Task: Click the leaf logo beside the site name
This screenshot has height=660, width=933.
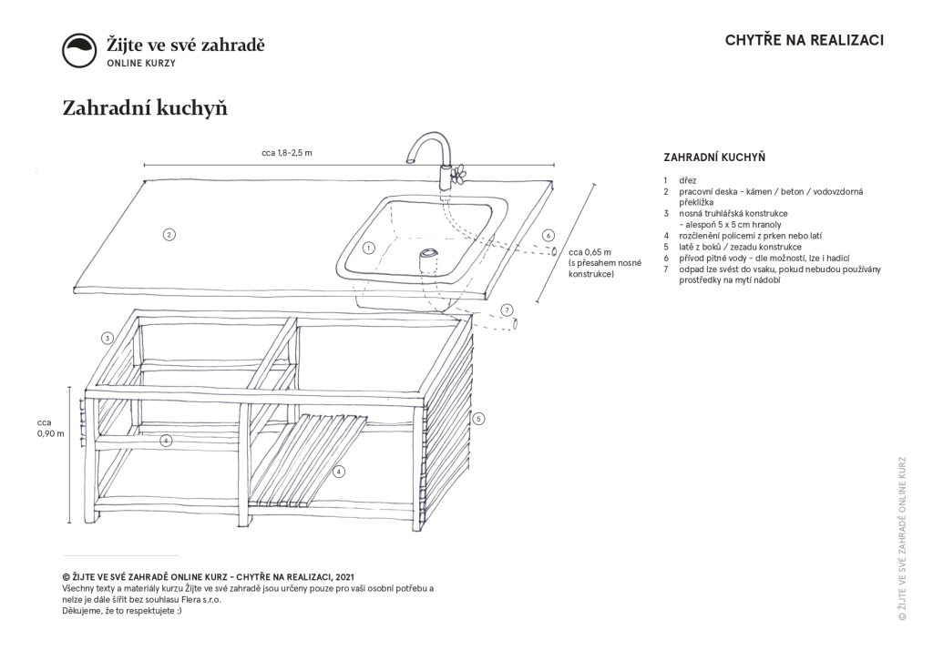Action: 79,51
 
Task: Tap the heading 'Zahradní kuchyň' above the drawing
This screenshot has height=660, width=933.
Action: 144,108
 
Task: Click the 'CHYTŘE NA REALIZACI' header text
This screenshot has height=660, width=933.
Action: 805,40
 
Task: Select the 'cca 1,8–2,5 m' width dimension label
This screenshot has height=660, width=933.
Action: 281,153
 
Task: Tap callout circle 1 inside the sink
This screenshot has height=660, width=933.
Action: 368,247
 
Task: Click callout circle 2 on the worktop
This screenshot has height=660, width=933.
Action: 169,234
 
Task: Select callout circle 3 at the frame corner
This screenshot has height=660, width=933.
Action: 107,338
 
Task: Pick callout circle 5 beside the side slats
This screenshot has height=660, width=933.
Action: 478,418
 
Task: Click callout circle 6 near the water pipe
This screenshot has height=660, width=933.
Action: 548,235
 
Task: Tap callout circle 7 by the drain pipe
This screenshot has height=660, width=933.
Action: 507,309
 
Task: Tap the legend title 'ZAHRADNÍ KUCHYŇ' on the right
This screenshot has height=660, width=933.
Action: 713,157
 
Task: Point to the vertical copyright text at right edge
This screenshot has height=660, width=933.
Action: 901,537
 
